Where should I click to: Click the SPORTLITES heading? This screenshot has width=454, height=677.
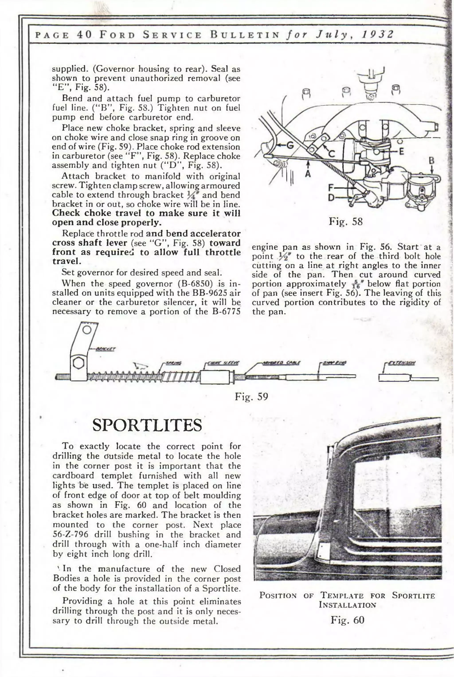[147, 425]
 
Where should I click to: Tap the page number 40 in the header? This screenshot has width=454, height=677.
[84, 35]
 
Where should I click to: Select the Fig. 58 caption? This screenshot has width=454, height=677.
[345, 222]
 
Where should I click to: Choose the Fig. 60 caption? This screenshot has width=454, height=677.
[347, 620]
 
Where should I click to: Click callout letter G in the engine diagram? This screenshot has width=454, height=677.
[290, 146]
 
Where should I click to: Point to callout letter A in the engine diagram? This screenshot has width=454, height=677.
[308, 174]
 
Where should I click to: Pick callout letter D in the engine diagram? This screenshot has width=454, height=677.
[331, 198]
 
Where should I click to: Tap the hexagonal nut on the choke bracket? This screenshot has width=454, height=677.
[78, 363]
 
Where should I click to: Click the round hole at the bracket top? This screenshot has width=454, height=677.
[87, 330]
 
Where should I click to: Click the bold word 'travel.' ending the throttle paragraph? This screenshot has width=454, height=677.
[66, 261]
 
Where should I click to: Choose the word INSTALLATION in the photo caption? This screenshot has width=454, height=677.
[347, 605]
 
